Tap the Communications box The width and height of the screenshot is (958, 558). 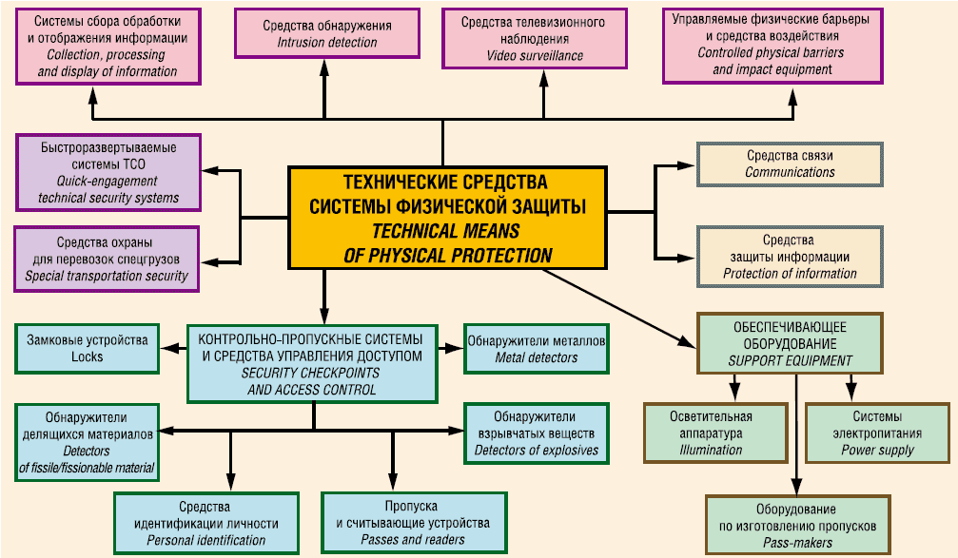click(x=790, y=164)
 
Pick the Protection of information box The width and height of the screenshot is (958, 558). click(x=790, y=257)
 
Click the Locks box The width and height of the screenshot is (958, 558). click(x=87, y=348)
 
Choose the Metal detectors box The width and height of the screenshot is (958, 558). click(x=537, y=349)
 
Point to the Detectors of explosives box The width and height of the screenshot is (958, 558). click(x=537, y=433)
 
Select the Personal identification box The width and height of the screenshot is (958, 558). click(x=205, y=523)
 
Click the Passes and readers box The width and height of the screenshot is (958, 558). click(x=412, y=523)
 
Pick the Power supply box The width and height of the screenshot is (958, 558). click(x=876, y=433)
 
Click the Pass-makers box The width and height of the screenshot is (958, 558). click(x=797, y=525)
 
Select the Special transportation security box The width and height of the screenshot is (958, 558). click(x=107, y=259)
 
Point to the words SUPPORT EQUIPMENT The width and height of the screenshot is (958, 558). click(x=790, y=361)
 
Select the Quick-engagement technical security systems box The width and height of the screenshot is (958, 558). click(x=109, y=172)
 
